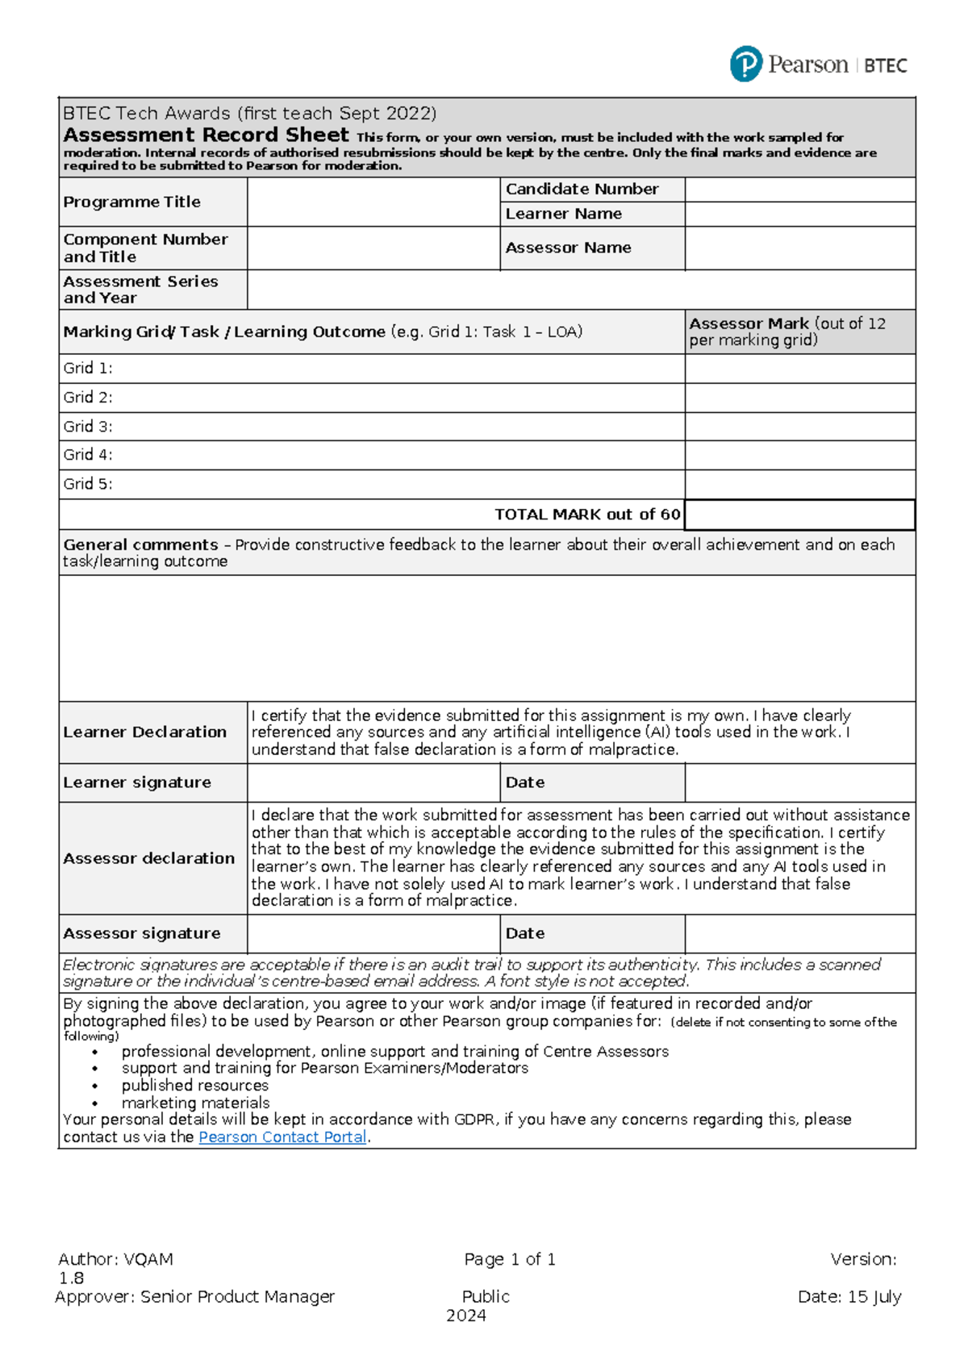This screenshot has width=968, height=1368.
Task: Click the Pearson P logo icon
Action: pyautogui.click(x=745, y=64)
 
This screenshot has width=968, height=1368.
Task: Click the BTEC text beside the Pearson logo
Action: pyautogui.click(x=885, y=66)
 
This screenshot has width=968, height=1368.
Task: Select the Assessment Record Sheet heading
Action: pyautogui.click(x=206, y=135)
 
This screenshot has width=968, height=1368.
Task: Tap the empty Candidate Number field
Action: pyautogui.click(x=799, y=190)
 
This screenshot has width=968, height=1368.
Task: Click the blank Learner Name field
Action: pyautogui.click(x=799, y=214)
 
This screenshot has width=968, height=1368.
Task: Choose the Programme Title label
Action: pyautogui.click(x=132, y=202)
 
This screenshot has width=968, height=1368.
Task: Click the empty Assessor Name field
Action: pyautogui.click(x=799, y=248)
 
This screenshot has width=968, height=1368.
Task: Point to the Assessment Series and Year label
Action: pyautogui.click(x=140, y=289)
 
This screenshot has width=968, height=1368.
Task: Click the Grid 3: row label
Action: pyautogui.click(x=88, y=426)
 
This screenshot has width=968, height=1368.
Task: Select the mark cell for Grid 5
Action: pyautogui.click(x=799, y=484)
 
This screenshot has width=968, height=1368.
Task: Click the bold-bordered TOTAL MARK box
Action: pyautogui.click(x=799, y=515)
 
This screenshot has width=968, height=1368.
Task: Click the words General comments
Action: pyautogui.click(x=141, y=544)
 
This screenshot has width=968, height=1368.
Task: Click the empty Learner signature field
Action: pyautogui.click(x=373, y=782)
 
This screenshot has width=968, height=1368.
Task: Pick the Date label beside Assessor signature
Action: pyautogui.click(x=525, y=933)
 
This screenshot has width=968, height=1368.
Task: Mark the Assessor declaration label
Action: pyautogui.click(x=149, y=858)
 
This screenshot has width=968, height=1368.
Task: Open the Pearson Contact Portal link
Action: pyautogui.click(x=282, y=1137)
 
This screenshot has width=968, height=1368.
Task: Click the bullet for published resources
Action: pyautogui.click(x=95, y=1086)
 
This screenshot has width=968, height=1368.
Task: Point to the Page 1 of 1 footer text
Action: pyautogui.click(x=510, y=1259)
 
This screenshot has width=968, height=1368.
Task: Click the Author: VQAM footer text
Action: pyautogui.click(x=115, y=1259)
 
